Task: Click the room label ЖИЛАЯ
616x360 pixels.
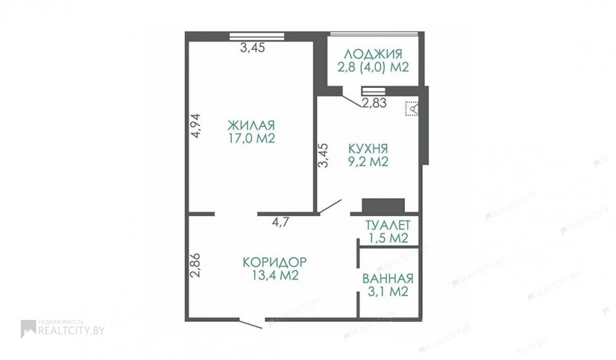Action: point(251,126)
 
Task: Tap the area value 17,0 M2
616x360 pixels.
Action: point(251,138)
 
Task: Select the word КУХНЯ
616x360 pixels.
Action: point(368,149)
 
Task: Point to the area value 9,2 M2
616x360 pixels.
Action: point(368,161)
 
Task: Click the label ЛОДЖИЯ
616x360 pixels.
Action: point(373,54)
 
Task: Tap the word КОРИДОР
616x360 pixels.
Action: point(275,262)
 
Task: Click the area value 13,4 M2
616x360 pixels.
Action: point(275,275)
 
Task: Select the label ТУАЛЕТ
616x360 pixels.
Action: point(388,225)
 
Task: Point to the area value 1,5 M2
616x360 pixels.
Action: point(388,238)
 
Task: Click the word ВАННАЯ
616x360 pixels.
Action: point(388,279)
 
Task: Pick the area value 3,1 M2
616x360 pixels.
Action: point(388,292)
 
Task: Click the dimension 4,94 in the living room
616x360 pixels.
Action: point(195,125)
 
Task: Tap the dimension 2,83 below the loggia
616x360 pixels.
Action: point(374,103)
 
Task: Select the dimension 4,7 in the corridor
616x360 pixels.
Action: point(280,222)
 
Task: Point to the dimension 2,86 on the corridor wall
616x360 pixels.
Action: point(195,265)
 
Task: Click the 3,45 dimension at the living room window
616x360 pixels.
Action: point(252,48)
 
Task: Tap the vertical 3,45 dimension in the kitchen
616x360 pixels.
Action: point(323,155)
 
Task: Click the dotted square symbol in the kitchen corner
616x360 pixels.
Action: point(412,109)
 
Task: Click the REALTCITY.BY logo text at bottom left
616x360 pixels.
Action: point(71,330)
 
